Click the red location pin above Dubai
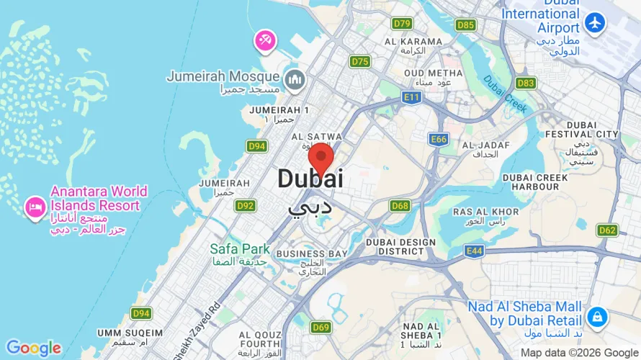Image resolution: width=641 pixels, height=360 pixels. pyautogui.click(x=320, y=156)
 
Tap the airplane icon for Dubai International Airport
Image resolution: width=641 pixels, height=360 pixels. pyautogui.click(x=595, y=22)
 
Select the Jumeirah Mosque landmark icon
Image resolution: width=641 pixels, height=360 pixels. pyautogui.click(x=293, y=80)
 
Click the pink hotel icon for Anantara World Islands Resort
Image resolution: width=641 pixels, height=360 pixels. pyautogui.click(x=34, y=207)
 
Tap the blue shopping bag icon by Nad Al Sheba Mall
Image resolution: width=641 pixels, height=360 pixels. pyautogui.click(x=596, y=316)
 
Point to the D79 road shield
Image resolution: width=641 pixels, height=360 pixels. pyautogui.click(x=402, y=24)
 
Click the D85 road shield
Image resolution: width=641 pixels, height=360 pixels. pyautogui.click(x=466, y=25)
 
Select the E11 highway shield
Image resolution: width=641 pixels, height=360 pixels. pyautogui.click(x=412, y=96)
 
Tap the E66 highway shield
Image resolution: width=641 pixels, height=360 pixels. pyautogui.click(x=438, y=138)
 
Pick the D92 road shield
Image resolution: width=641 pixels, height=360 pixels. pyautogui.click(x=246, y=206)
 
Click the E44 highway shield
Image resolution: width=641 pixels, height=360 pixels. pyautogui.click(x=474, y=251)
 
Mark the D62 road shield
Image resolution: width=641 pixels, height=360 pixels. pyautogui.click(x=607, y=230)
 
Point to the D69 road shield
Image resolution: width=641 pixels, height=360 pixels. pyautogui.click(x=321, y=328)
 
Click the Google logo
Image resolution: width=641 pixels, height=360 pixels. pyautogui.click(x=33, y=348)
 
